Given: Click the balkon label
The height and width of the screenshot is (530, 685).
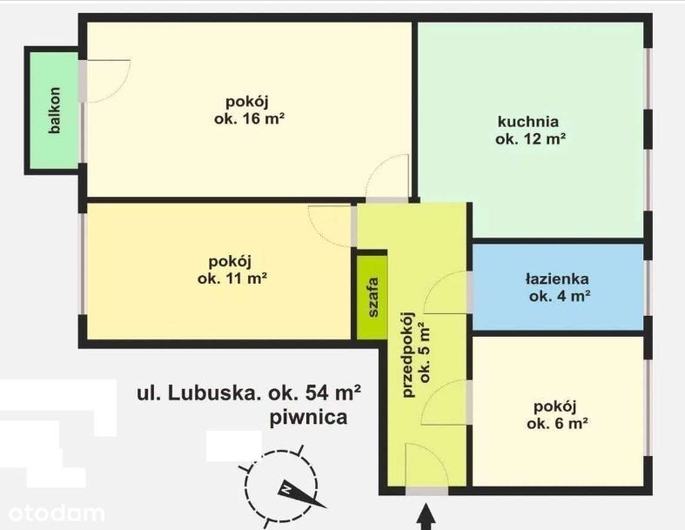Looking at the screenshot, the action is click(55, 111).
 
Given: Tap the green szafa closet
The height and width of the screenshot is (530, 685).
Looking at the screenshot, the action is click(373, 297).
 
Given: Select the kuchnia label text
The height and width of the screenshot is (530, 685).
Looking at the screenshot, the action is click(528, 121).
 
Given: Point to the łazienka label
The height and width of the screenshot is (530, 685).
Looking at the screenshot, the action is click(557, 278).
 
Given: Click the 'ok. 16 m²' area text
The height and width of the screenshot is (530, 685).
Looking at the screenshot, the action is click(250, 118).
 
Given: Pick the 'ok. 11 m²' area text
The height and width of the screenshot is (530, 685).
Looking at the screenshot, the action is click(232, 278).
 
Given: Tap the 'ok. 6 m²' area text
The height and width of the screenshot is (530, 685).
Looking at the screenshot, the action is click(556, 423).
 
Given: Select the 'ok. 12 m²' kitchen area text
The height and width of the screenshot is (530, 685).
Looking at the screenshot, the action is click(531, 138).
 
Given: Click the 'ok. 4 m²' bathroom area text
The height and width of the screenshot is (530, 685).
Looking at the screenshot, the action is click(560, 296).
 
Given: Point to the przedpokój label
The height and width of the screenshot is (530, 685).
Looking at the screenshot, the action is click(408, 354).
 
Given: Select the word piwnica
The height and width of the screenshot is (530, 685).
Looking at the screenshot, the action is click(309, 418).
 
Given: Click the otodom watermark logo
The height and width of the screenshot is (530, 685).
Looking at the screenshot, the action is click(57, 513).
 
